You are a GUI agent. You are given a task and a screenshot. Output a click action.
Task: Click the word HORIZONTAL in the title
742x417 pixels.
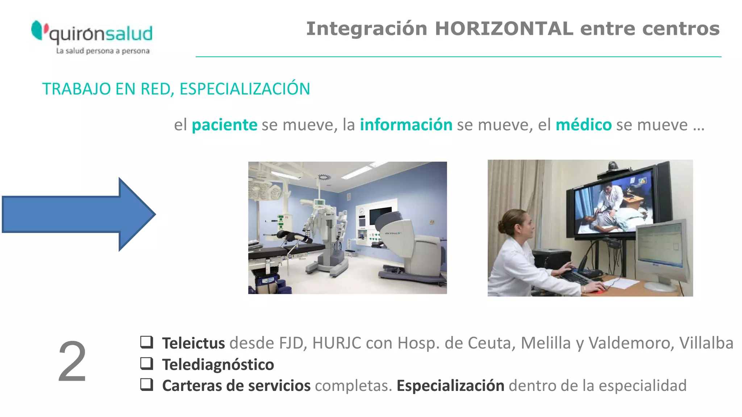pyautogui.click(x=504, y=29)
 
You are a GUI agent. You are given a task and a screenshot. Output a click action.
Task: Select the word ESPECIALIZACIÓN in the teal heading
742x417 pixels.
pyautogui.click(x=245, y=89)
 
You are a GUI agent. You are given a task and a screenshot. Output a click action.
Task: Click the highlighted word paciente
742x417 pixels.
pyautogui.click(x=225, y=125)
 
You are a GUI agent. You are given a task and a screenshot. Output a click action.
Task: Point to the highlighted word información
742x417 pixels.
pyautogui.click(x=406, y=125)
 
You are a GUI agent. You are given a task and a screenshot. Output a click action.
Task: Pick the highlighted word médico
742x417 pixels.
pyautogui.click(x=584, y=125)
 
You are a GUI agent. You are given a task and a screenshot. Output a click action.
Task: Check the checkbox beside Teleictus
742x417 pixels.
pyautogui.click(x=147, y=342)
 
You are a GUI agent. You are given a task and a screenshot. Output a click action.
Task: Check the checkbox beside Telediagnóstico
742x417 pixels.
pyautogui.click(x=147, y=363)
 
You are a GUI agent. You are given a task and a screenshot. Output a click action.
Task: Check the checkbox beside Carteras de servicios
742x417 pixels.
pyautogui.click(x=147, y=384)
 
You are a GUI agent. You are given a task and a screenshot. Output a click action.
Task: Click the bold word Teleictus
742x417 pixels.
pyautogui.click(x=193, y=343)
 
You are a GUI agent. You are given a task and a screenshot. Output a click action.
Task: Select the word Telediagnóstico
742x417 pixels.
pyautogui.click(x=218, y=365)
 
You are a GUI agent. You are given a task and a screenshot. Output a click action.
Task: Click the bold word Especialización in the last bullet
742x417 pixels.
pyautogui.click(x=450, y=386)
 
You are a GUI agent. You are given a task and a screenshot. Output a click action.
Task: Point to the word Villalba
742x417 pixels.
pyautogui.click(x=706, y=343)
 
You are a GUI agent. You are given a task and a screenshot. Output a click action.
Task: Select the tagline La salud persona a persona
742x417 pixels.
pyautogui.click(x=103, y=51)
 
